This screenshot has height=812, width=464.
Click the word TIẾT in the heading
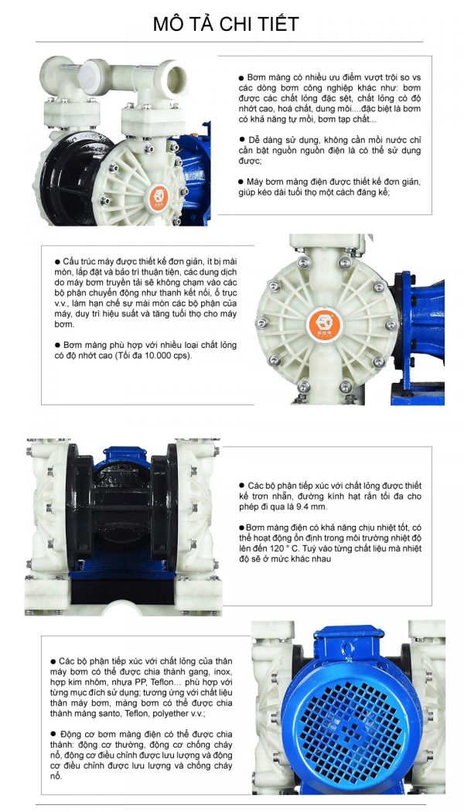pos(275,24)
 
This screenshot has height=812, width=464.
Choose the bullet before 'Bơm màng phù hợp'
pos(56,345)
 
